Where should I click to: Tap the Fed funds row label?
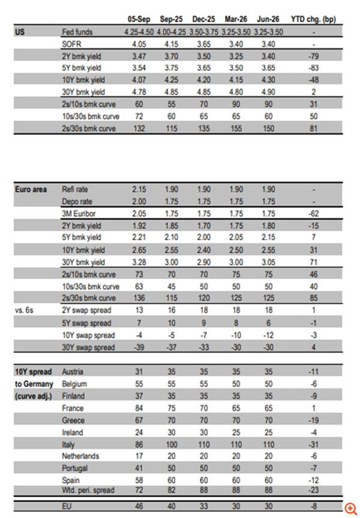click(x=77, y=31)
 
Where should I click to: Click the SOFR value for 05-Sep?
click(x=139, y=43)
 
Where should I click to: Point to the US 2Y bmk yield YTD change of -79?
click(x=312, y=56)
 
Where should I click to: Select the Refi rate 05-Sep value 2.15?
click(x=139, y=189)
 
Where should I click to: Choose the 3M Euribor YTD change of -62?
click(x=312, y=213)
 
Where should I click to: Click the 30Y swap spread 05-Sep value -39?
click(x=139, y=348)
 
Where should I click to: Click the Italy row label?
click(x=68, y=444)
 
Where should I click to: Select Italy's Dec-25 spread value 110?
click(x=204, y=444)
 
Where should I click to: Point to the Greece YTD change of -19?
click(x=312, y=420)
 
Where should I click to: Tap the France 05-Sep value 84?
click(x=139, y=408)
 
